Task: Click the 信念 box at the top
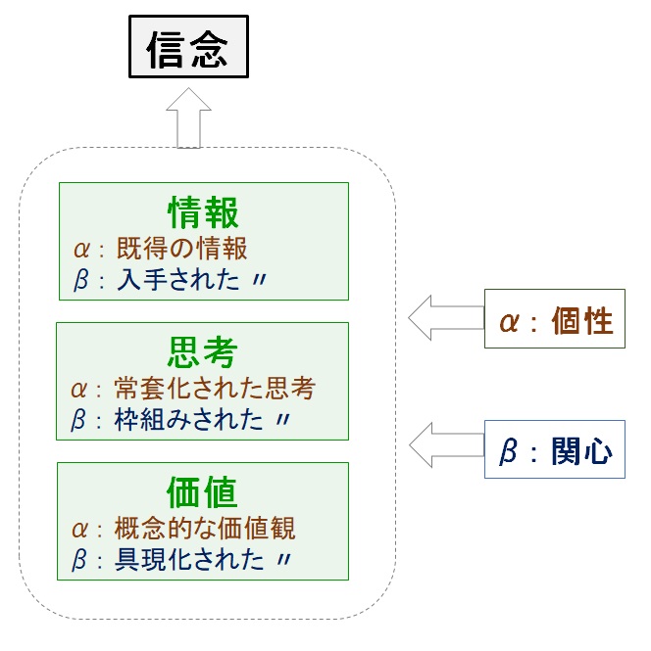(x=189, y=47)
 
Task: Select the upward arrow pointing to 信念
(x=189, y=117)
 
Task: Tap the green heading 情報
(x=203, y=212)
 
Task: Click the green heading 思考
(x=202, y=352)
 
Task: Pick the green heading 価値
(x=202, y=492)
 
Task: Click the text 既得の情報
(x=181, y=249)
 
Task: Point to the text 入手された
(x=178, y=279)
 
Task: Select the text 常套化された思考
(x=215, y=389)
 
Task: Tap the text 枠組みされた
(x=188, y=419)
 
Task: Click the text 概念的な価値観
(x=205, y=528)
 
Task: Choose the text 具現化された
(x=189, y=559)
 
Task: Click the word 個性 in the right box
(x=582, y=321)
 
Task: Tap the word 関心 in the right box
(x=582, y=451)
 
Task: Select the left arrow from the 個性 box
(x=446, y=318)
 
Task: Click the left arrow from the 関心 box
(x=447, y=445)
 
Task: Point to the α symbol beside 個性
(x=509, y=322)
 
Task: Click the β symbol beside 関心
(x=509, y=451)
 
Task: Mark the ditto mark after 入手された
(x=260, y=280)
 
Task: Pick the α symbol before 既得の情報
(x=81, y=250)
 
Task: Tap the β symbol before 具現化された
(x=79, y=560)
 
